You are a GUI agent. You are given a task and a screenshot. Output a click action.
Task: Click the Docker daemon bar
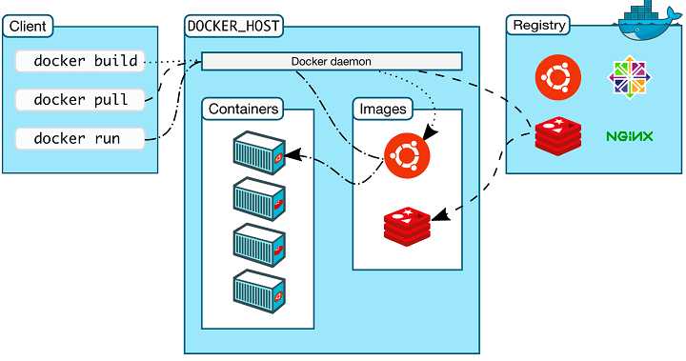pos(331,62)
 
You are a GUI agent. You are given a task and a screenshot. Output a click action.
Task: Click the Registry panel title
pos(539,25)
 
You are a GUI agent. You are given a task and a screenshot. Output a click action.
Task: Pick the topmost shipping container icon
pos(259,152)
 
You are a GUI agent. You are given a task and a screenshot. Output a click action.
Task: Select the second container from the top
pos(259,198)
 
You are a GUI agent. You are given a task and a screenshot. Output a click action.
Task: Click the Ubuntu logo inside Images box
pos(407,153)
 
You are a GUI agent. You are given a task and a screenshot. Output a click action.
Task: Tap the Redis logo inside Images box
pos(408,223)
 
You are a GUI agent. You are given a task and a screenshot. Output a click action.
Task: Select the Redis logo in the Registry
pos(557,136)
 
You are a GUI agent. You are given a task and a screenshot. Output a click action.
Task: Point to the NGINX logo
pos(629,137)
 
